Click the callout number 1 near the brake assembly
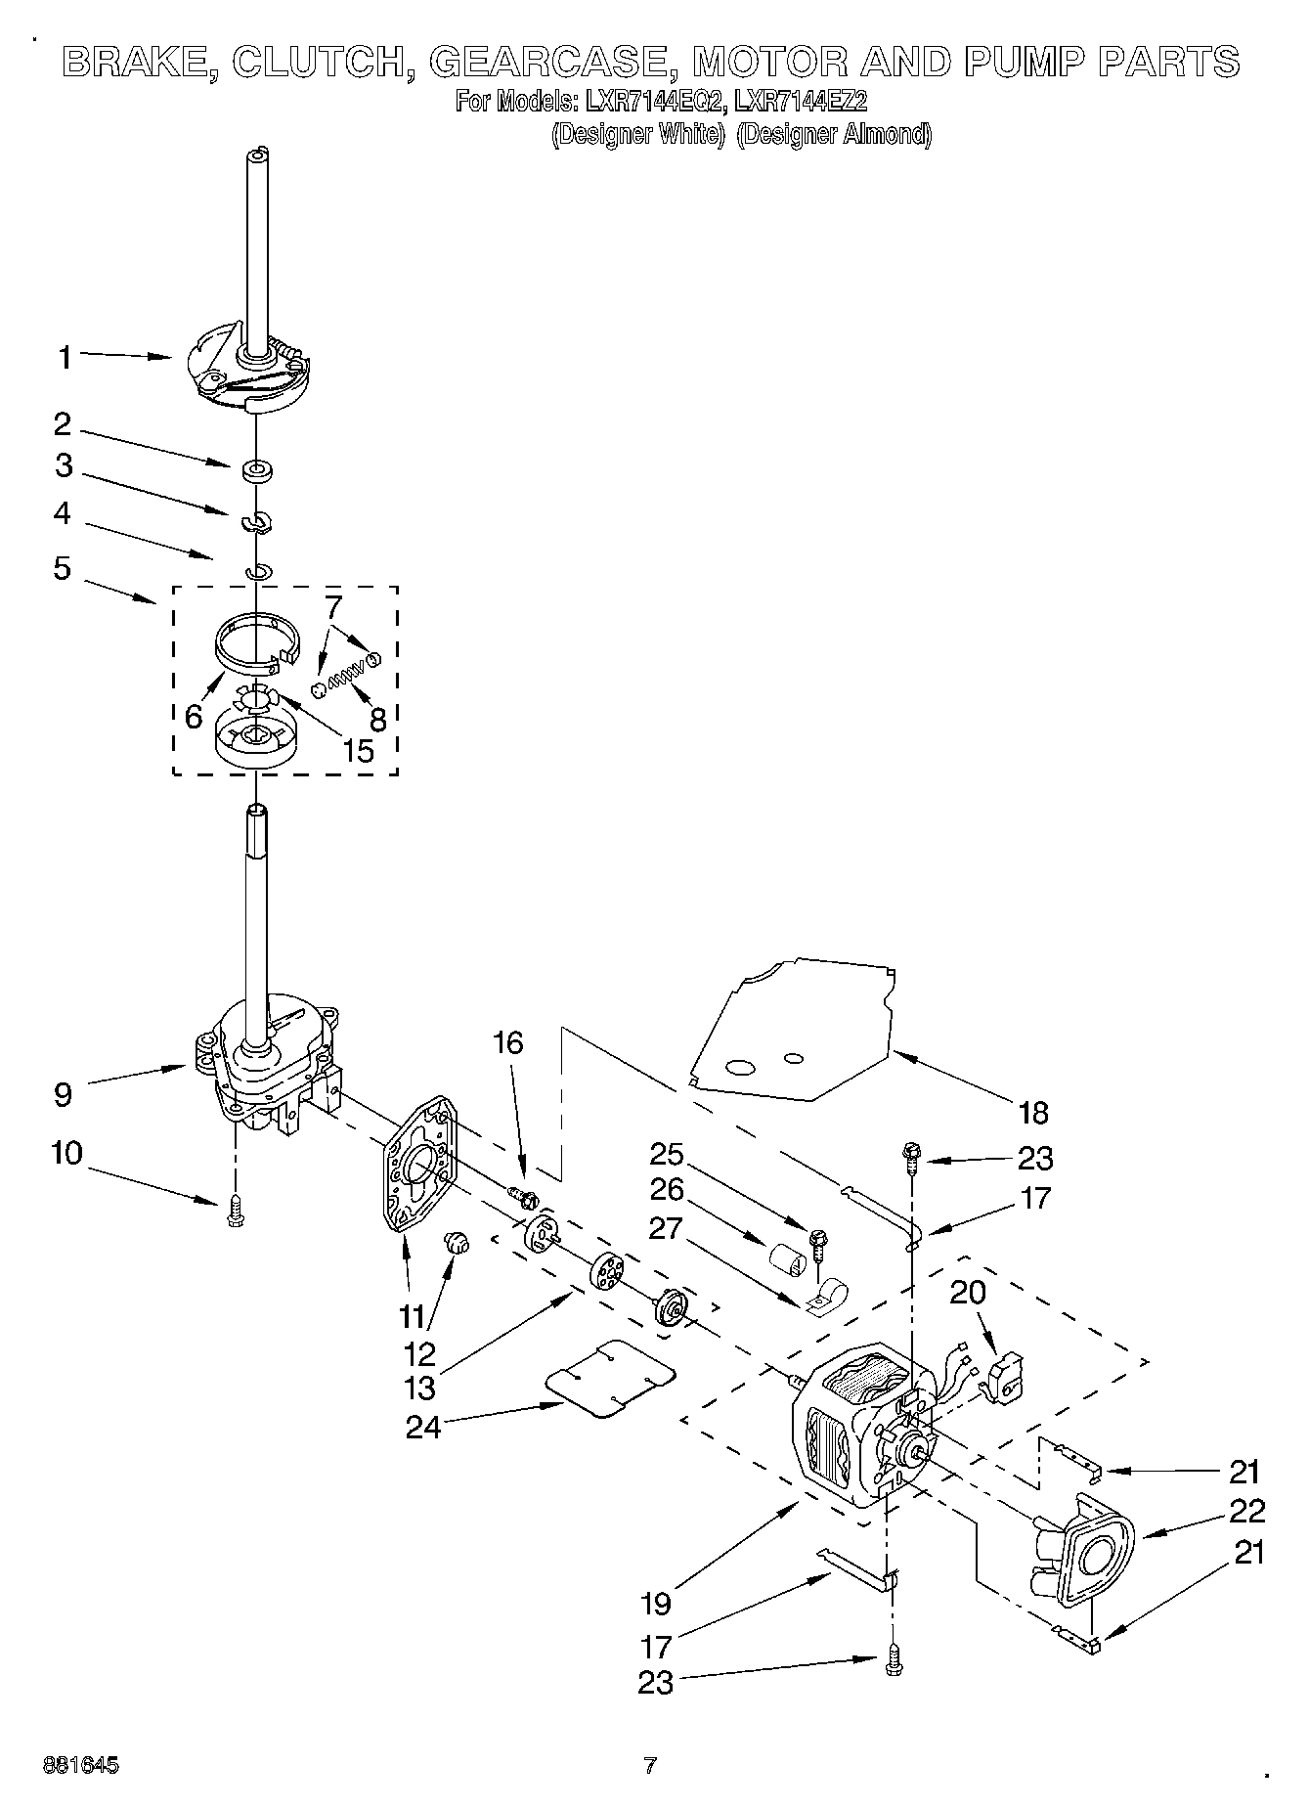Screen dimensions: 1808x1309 pyautogui.click(x=65, y=358)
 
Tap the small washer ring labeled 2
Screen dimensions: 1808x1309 pyautogui.click(x=258, y=471)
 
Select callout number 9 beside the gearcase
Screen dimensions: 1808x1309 pyautogui.click(x=64, y=1094)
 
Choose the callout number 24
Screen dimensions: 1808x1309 pyautogui.click(x=424, y=1427)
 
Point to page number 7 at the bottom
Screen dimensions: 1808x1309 pyautogui.click(x=650, y=1766)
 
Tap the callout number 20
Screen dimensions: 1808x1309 pyautogui.click(x=968, y=1293)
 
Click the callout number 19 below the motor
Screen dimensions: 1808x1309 pyautogui.click(x=657, y=1604)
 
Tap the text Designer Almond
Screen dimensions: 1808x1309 pyautogui.click(x=833, y=135)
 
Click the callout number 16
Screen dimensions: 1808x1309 pyautogui.click(x=508, y=1043)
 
